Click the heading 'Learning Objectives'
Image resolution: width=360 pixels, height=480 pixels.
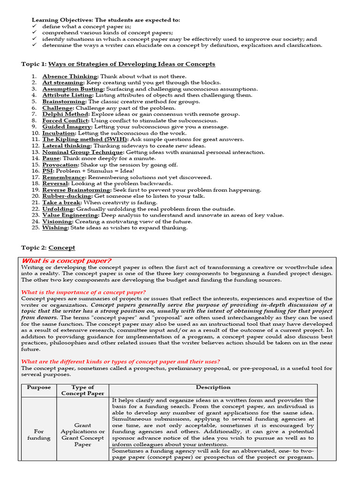point(61,20)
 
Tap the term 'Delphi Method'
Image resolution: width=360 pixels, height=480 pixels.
point(65,114)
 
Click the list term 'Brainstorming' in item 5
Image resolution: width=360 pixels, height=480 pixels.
point(64,102)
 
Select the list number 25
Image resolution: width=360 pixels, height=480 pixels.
point(36,228)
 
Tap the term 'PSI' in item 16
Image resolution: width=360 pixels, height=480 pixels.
point(48,171)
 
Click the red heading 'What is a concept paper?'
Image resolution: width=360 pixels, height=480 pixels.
point(67,261)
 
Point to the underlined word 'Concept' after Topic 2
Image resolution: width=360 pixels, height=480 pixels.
point(61,248)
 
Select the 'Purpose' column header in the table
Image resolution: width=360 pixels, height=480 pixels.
point(39,388)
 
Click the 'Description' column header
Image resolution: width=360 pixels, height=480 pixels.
point(213,388)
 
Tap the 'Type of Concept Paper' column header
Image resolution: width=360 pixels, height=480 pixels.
point(82,390)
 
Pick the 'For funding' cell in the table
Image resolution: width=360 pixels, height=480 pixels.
point(39,435)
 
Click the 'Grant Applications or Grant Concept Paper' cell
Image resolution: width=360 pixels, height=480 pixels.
point(82,435)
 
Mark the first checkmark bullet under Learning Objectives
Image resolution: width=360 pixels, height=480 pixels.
point(34,27)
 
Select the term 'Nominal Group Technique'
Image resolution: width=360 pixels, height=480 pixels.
point(82,152)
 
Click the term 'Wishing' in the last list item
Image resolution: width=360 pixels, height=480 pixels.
point(55,228)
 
